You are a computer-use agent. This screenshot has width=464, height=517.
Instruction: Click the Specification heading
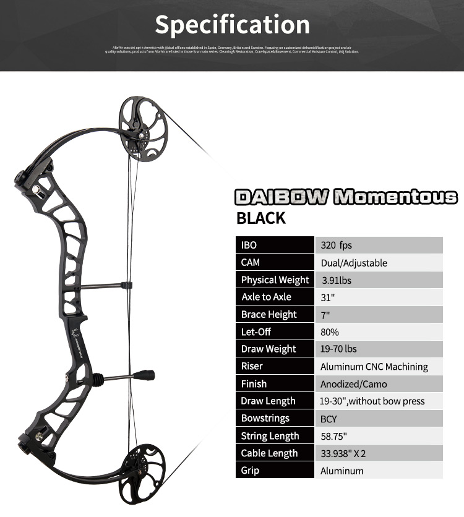pos(232,24)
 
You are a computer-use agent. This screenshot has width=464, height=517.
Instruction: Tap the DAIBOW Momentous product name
pos(346,197)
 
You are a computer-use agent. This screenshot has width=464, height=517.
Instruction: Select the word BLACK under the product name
pos(261,218)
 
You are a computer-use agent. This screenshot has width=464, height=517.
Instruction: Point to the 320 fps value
pos(336,246)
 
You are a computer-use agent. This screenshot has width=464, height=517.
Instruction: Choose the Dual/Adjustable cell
pos(353,263)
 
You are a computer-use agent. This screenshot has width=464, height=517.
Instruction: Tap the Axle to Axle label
pos(266,297)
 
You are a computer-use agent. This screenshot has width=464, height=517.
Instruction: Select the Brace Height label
pos(269,315)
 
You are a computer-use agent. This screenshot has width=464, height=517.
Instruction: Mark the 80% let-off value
pos(330,332)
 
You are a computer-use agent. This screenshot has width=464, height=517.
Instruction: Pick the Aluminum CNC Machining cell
pos(374,367)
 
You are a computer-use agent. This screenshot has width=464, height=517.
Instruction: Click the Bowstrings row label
pos(265,419)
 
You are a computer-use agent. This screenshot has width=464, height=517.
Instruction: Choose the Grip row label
pos(250,471)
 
